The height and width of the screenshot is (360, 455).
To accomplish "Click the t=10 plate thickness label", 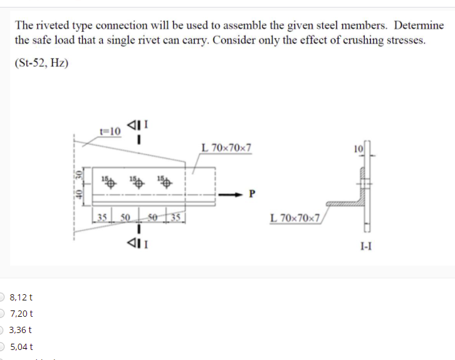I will tap(110, 130).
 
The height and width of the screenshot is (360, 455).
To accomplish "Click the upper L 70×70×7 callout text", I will tap(227, 149).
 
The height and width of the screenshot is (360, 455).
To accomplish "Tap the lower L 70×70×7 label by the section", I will tap(295, 218).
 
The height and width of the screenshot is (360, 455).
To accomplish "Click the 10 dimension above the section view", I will tap(358, 149).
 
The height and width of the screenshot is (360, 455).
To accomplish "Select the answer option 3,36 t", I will tap(21, 330).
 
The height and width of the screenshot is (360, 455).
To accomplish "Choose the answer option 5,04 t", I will tap(21, 346).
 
